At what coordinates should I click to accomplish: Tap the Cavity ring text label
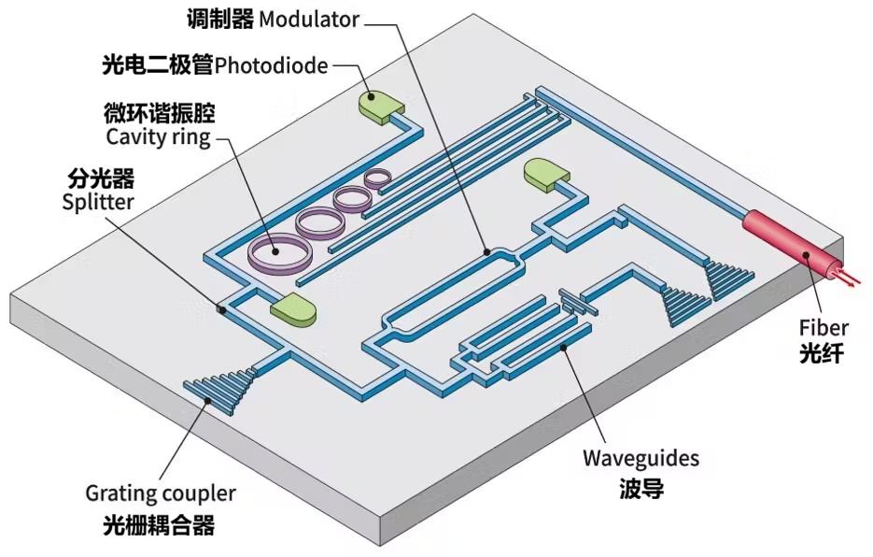click(x=158, y=137)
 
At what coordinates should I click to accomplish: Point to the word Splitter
click(x=98, y=200)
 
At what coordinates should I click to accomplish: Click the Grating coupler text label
click(x=161, y=493)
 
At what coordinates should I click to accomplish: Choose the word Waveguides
click(x=641, y=459)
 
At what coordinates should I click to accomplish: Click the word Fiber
click(x=824, y=327)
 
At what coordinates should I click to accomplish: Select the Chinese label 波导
click(x=641, y=488)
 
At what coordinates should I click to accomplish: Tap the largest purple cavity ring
click(x=278, y=250)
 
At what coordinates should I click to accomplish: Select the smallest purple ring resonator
click(x=379, y=176)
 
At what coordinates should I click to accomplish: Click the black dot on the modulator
click(x=486, y=251)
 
